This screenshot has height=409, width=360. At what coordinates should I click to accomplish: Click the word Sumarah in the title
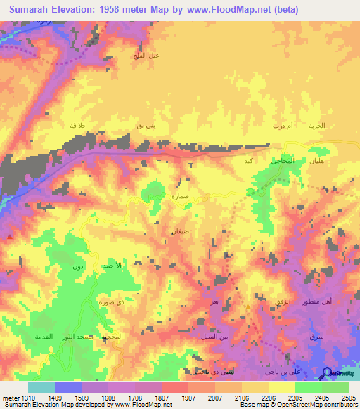point(32,10)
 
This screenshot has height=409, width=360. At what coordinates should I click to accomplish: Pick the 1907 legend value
point(188,398)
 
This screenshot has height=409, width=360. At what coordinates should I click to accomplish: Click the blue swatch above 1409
point(68,387)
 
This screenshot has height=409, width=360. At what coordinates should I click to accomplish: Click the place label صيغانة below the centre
point(176,231)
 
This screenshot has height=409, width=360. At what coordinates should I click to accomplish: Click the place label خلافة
point(77,125)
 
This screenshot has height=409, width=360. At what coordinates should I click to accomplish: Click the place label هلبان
point(316,161)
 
